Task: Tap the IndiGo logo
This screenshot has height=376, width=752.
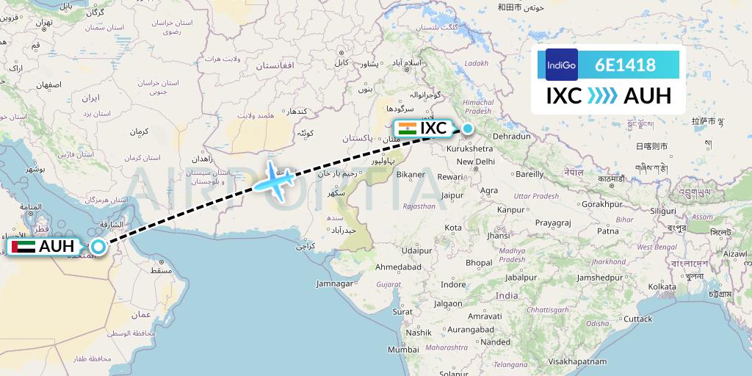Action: click(x=561, y=65)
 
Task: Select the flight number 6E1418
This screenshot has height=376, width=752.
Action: click(x=626, y=65)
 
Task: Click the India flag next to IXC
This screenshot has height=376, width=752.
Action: click(x=407, y=128)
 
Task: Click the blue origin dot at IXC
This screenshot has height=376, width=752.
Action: click(x=467, y=129)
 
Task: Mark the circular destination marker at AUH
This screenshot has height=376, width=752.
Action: click(x=98, y=247)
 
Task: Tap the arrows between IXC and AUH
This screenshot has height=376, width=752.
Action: click(x=602, y=96)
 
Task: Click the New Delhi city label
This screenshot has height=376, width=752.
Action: click(x=475, y=162)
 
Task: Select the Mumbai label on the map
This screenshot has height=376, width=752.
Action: click(x=403, y=350)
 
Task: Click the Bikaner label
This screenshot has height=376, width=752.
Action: click(x=410, y=175)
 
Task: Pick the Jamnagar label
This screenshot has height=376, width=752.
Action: click(x=335, y=283)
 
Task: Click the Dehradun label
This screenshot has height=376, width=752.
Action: click(x=512, y=137)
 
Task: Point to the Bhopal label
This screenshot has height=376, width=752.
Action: click(x=479, y=262)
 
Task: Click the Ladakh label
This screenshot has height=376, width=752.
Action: click(x=476, y=63)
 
